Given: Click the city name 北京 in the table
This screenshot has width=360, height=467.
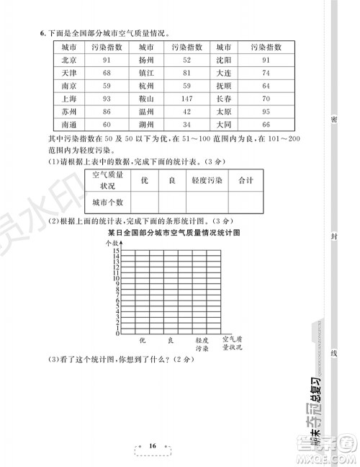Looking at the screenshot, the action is [69, 60].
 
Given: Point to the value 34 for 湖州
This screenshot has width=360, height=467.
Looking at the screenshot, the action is [186, 124].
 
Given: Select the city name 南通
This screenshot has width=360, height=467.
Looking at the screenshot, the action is [69, 124].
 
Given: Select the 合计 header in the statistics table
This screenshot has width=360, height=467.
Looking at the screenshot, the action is [245, 180].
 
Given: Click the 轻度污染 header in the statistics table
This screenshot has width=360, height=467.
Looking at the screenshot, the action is [205, 180].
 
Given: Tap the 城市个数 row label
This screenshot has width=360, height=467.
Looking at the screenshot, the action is [109, 203].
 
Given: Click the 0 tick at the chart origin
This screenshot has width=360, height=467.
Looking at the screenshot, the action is [117, 334].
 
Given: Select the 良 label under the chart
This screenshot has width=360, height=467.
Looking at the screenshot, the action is [171, 340].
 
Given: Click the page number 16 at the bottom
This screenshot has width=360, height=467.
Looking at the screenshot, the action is [153, 446].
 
